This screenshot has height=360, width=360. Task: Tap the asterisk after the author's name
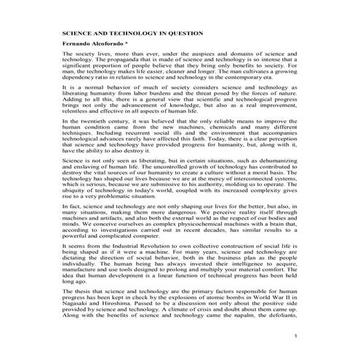128,44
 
